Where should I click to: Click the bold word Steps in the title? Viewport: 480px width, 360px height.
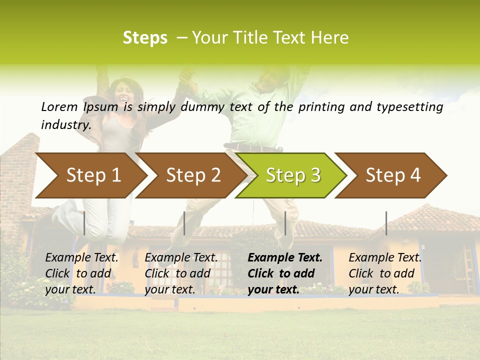(145, 38)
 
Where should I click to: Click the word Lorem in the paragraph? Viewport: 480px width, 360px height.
(59, 106)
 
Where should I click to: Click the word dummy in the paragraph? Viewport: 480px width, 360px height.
(203, 106)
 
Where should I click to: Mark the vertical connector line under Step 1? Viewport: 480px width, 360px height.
(84, 223)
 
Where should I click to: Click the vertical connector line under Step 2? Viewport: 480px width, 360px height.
(184, 223)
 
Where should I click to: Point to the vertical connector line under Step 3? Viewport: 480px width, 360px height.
(285, 223)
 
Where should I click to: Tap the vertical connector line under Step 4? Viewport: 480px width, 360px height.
(386, 223)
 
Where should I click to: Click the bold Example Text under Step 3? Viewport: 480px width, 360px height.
(285, 258)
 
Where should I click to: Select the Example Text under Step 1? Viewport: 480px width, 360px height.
(82, 258)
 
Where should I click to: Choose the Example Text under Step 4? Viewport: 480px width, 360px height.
(385, 258)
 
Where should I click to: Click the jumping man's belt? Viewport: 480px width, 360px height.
(250, 147)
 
